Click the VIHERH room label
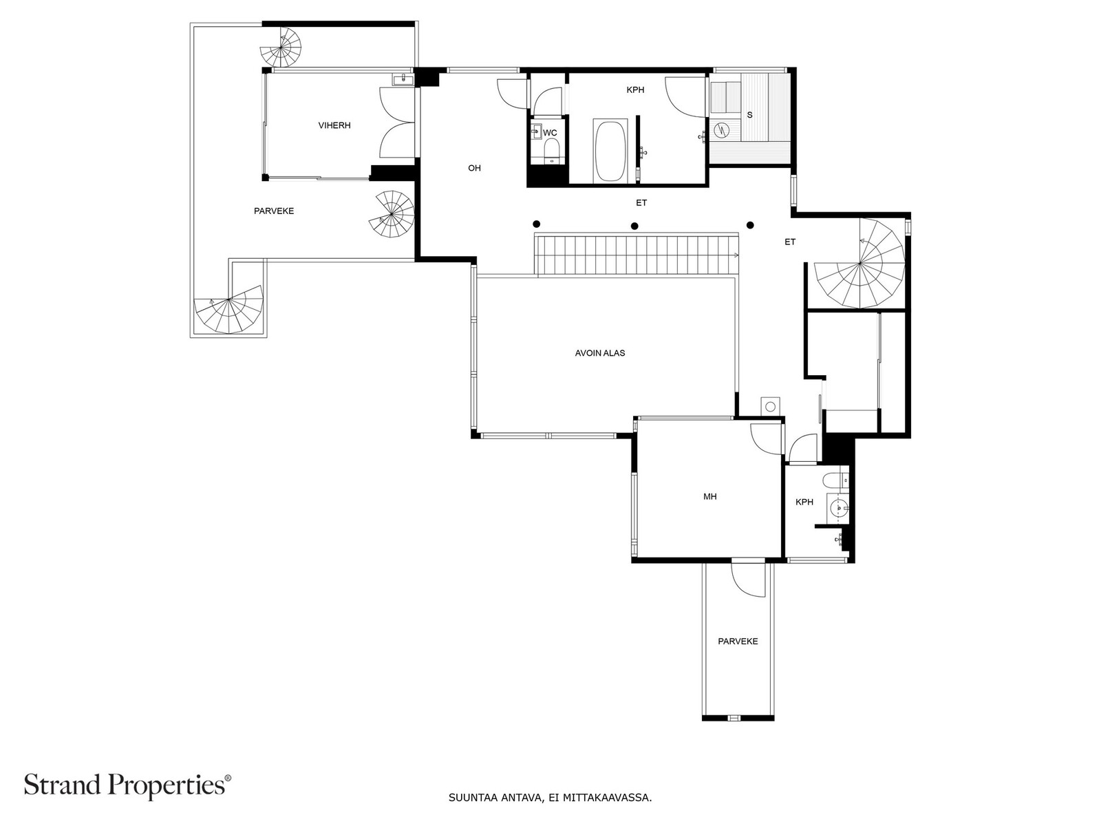click(x=334, y=125)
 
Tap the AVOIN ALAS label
click(x=600, y=353)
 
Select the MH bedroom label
click(x=709, y=496)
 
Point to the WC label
click(x=550, y=133)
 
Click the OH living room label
click(x=475, y=168)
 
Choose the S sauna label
click(x=750, y=115)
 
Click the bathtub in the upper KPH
click(x=610, y=151)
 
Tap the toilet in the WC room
click(x=552, y=150)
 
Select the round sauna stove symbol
click(x=720, y=130)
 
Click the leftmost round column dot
click(x=536, y=224)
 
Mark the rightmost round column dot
click(x=750, y=225)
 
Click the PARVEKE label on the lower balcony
click(x=738, y=641)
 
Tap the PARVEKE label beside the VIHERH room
click(x=274, y=211)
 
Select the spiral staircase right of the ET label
click(x=859, y=264)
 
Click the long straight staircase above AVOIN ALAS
click(x=636, y=255)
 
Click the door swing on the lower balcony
click(x=749, y=580)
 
